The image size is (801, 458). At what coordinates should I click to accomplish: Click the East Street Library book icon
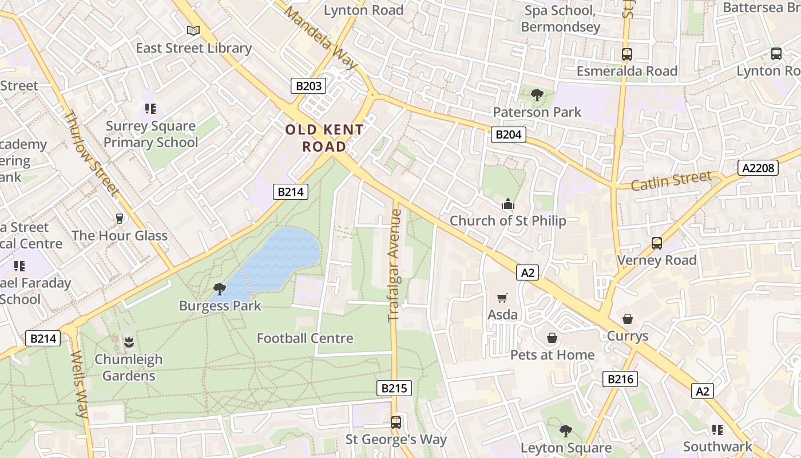[x=193, y=30]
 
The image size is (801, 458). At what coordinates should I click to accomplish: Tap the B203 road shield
[x=308, y=86]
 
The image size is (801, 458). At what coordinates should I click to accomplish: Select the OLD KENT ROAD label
[x=324, y=138]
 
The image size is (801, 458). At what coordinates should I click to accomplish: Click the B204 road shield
[x=508, y=135]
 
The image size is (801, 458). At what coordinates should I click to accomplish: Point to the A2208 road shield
[x=758, y=168]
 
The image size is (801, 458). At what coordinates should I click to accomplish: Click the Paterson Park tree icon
[x=537, y=95]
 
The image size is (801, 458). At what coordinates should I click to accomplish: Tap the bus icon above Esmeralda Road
[x=627, y=54]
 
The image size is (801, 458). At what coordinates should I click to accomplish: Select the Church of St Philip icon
[x=507, y=204]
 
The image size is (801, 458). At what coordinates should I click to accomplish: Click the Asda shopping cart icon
[x=502, y=298]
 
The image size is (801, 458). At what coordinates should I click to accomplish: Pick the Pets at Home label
[x=552, y=355]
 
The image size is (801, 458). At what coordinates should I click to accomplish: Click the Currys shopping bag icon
[x=628, y=319]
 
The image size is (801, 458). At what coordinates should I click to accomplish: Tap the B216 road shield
[x=620, y=378]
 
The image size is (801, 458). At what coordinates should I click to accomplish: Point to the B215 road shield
[x=394, y=388]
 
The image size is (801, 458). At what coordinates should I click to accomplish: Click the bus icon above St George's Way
[x=395, y=423]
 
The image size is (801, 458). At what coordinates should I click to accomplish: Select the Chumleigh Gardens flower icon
[x=129, y=342]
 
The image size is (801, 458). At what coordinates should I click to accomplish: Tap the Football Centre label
[x=305, y=338]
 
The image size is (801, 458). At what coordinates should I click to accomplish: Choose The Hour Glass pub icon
[x=120, y=219]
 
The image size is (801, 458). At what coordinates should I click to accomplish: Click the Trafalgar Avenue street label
[x=395, y=265]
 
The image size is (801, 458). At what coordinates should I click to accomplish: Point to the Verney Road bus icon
[x=656, y=243]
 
